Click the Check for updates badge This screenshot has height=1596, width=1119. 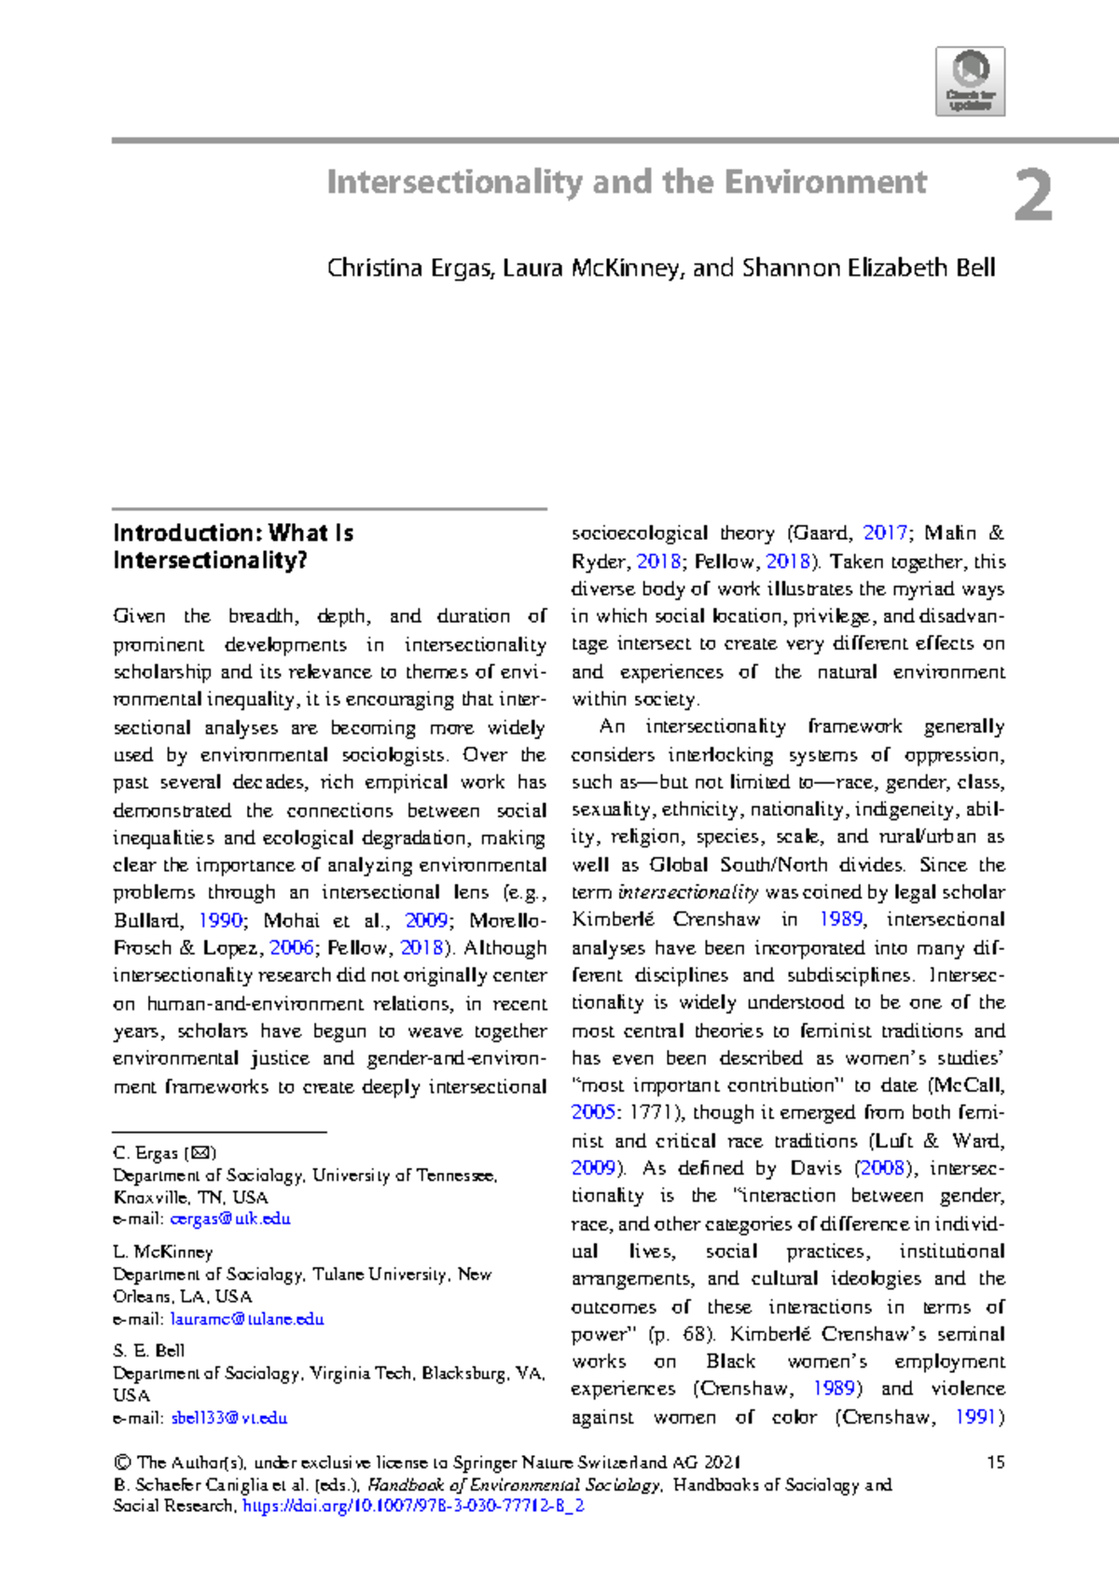[970, 81]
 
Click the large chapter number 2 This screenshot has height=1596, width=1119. [1033, 197]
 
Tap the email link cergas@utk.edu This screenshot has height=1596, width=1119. [230, 1218]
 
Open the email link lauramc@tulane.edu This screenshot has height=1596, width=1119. [247, 1319]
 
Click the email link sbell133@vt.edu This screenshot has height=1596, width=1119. [228, 1418]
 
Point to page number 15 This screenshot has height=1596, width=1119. [995, 1462]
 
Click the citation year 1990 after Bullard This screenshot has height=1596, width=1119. [221, 920]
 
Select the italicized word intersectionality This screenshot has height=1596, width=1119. [687, 892]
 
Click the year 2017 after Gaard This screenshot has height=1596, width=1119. [885, 533]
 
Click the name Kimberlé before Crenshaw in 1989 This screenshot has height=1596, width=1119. [613, 919]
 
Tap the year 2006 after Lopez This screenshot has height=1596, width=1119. [291, 947]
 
